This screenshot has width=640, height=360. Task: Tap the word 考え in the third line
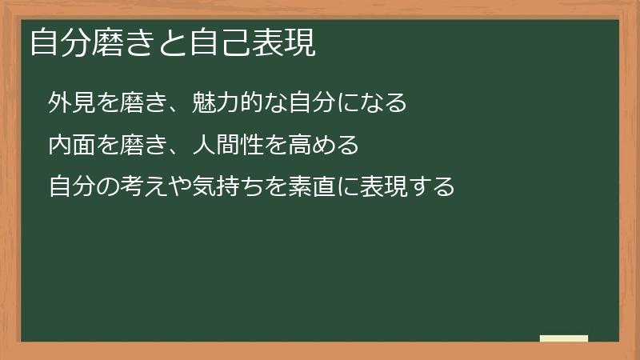click(x=142, y=187)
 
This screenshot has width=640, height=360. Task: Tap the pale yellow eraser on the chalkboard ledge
click(x=564, y=339)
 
